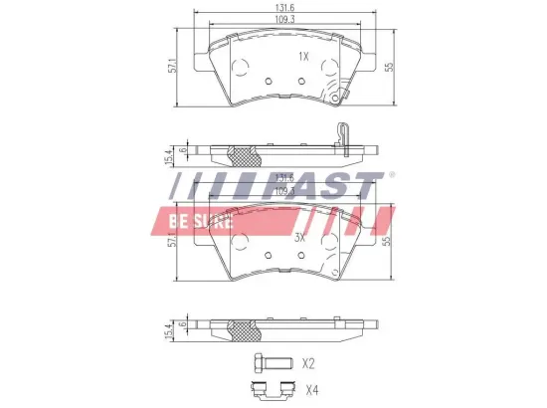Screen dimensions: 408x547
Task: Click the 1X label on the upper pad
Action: [x=303, y=57]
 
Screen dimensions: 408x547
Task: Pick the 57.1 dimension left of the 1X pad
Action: [x=171, y=67]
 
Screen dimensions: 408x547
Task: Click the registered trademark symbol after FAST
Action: [x=391, y=175]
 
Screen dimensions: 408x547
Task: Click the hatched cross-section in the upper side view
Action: [x=244, y=155]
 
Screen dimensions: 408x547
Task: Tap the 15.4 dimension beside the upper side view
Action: [x=170, y=155]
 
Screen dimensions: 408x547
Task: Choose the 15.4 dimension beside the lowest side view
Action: [x=170, y=329]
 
